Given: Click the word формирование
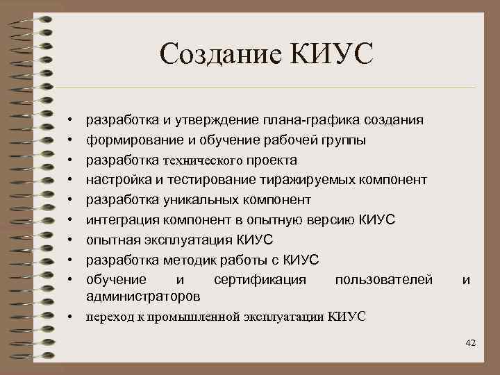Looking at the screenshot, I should pos(128,140).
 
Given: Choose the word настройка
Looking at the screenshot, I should pos(116,180).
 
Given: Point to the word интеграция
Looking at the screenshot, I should pos(119,220).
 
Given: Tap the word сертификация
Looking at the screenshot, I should pos(259,280).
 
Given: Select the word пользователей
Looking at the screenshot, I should pos(383,280).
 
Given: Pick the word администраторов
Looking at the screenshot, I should pos(142,296).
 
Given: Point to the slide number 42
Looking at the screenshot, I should pos(470,342).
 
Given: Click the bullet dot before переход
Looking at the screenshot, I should pos(71,317).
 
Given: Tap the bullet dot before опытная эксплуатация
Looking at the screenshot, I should pos(71,240).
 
